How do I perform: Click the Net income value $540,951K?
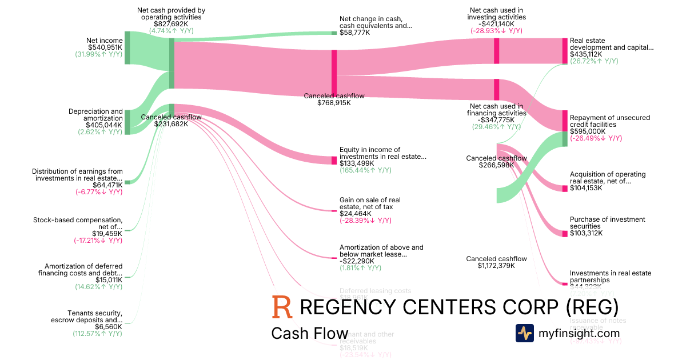pyautogui.click(x=105, y=47)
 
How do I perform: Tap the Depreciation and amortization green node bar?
pyautogui.click(x=127, y=122)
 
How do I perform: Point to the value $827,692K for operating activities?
pyautogui.click(x=171, y=24)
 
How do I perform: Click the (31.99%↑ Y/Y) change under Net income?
pyautogui.click(x=98, y=54)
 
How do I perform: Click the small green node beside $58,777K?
pyautogui.click(x=334, y=33)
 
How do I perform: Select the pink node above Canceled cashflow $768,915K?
pyautogui.click(x=334, y=71)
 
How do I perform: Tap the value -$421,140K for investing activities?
pyautogui.click(x=496, y=24)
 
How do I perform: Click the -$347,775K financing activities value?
pyautogui.click(x=496, y=120)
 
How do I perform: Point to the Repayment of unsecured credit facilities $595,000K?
pyautogui.click(x=587, y=131)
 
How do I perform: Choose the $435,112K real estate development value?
pyautogui.click(x=587, y=54)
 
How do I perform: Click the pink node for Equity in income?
pyautogui.click(x=334, y=160)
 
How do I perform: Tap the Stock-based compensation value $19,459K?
pyautogui.click(x=107, y=234)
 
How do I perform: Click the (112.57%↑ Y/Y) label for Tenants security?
pyautogui.click(x=97, y=333)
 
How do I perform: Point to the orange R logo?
pyautogui.click(x=282, y=307)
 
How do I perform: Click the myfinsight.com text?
pyautogui.click(x=579, y=333)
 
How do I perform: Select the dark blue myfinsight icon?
pyautogui.click(x=524, y=333)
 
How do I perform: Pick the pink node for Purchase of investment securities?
pyautogui.click(x=564, y=232)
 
